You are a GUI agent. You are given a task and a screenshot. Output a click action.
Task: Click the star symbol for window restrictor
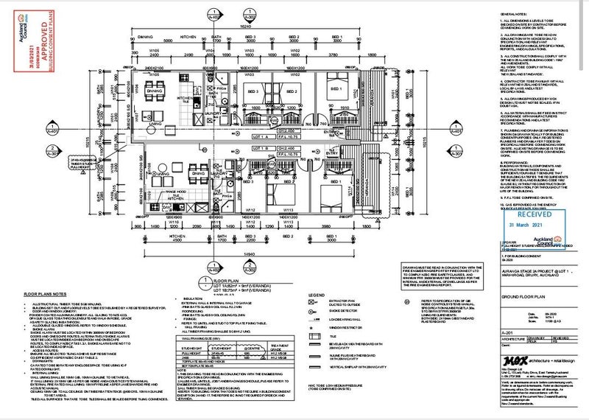coord(316,322)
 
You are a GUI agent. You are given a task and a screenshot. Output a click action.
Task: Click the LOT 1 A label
coord(258,137)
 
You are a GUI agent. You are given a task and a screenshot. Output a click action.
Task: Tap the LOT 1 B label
coord(258,156)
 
